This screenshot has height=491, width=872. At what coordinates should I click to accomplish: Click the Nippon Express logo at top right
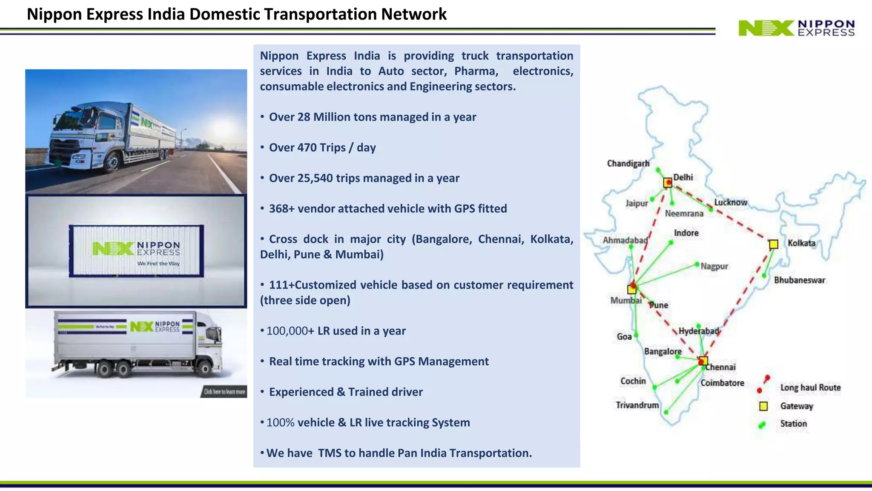[796, 28]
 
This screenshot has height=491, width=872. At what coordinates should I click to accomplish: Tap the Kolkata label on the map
[801, 243]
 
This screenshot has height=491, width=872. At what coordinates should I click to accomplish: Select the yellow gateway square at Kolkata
[774, 244]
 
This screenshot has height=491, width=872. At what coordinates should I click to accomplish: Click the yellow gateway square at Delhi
[668, 183]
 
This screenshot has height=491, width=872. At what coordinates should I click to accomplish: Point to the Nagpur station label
[714, 266]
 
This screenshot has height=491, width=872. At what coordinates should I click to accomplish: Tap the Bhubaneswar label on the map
[799, 280]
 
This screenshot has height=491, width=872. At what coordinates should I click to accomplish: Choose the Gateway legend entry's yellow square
[763, 406]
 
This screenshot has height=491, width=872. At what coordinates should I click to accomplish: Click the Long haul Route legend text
[810, 387]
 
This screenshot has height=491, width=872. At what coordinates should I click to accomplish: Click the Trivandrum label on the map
[637, 405]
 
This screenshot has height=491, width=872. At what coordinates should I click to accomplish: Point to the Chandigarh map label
[628, 164]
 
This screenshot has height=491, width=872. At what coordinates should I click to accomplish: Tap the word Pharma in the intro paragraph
[476, 71]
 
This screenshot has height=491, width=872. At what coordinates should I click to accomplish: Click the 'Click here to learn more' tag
[224, 392]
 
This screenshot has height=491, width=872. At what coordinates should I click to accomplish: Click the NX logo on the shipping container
[113, 248]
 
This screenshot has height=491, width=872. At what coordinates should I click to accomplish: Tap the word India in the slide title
[166, 14]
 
